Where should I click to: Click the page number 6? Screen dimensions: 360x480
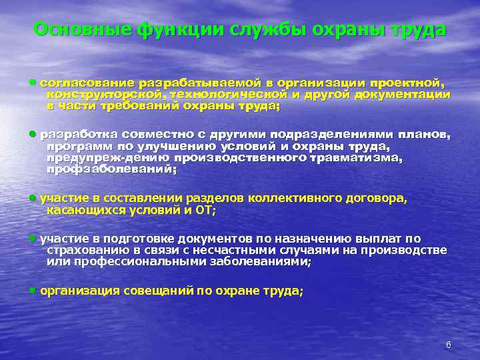pos(449,345)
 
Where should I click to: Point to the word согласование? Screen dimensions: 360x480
pos(87,83)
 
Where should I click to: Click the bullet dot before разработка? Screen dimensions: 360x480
pos(33,133)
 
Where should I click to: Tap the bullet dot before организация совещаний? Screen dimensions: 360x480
pos(33,290)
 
